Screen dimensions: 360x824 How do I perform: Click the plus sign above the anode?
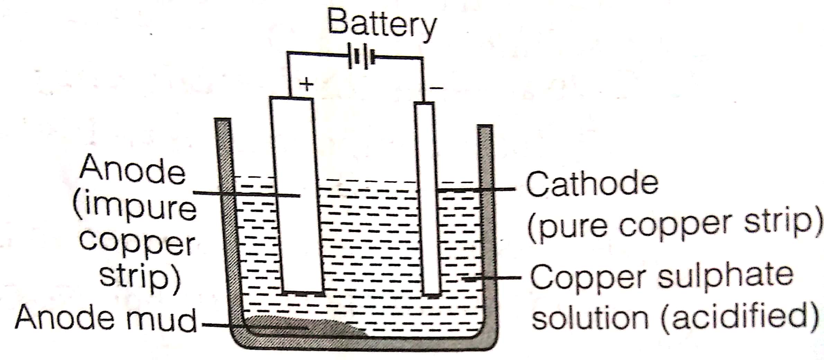coord(307,84)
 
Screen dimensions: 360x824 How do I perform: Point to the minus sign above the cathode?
coord(437,88)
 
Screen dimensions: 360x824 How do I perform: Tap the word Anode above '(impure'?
coord(133,170)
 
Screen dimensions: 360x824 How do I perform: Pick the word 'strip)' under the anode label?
coord(140,279)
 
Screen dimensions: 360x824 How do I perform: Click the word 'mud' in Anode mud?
coord(161,318)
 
